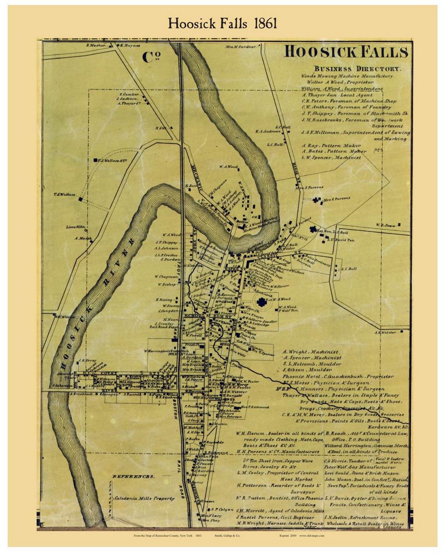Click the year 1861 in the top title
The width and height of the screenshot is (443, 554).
265,23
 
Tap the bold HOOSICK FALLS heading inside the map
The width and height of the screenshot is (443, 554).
346,52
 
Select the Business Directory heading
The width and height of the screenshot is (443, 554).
356,69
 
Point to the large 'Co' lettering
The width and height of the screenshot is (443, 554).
151,57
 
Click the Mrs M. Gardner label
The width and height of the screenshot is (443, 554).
240,47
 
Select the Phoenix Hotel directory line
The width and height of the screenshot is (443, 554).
338,376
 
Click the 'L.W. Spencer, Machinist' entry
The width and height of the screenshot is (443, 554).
331,157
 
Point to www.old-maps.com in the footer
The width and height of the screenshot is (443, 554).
312,536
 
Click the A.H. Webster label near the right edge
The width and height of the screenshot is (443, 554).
385,332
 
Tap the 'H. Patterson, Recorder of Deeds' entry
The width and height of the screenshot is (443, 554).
274,485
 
